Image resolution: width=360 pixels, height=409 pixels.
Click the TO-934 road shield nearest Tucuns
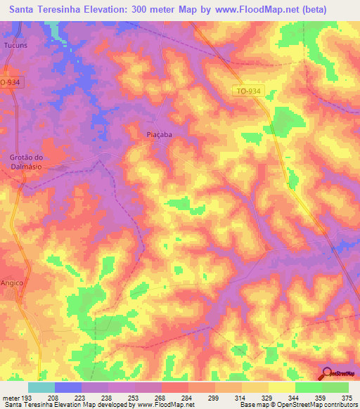click(x=9, y=82)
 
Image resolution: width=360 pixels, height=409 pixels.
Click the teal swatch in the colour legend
click(x=41, y=387)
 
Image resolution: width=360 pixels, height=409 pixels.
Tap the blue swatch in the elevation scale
click(x=67, y=387)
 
